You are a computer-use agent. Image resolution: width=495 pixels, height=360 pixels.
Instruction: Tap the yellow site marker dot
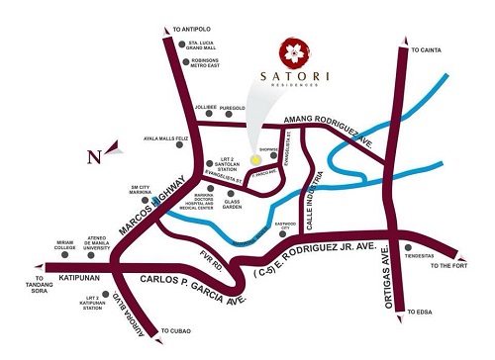pyautogui.click(x=256, y=158)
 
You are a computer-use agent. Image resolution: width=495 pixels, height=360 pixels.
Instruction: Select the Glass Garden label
pyautogui.click(x=240, y=202)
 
